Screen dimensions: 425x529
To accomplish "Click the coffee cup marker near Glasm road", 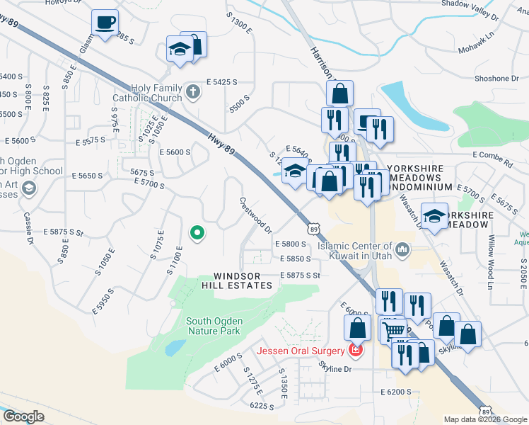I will coord(105,23).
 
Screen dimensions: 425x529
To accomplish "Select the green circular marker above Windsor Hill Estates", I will coord(198,232).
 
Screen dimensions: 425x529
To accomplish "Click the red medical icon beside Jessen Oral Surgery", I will coord(356,351).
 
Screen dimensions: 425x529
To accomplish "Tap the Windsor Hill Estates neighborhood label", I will coord(243,280).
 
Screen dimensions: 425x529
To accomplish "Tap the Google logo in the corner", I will coord(23,416).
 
